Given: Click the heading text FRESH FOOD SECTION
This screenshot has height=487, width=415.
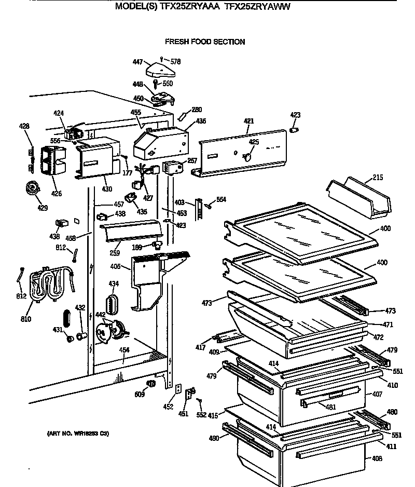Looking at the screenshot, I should click(205, 42).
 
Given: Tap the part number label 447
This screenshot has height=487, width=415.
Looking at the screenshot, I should click(137, 62).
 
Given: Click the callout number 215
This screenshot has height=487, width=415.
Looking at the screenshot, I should click(378, 178).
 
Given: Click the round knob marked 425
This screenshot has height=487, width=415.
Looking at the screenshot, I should click(248, 155).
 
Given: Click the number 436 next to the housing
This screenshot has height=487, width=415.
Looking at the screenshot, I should click(201, 121).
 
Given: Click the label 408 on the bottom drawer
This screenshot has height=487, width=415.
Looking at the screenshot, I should click(377, 458).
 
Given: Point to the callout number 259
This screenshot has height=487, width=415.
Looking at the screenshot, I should click(115, 253).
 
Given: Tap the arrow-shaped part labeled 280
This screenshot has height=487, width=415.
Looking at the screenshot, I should click(185, 114).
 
